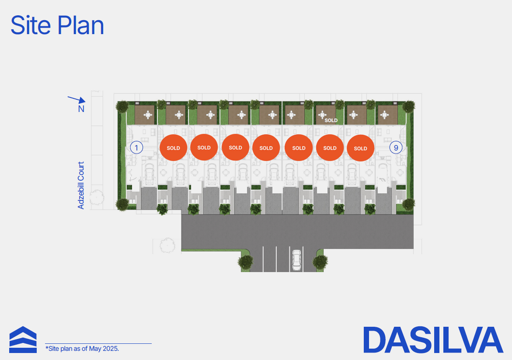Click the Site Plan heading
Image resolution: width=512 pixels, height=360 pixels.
57,25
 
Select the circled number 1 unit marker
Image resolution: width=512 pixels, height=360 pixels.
136,148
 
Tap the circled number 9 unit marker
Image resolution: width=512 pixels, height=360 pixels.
396,148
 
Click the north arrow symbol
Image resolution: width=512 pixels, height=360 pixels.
77,99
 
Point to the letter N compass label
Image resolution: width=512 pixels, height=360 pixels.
81,109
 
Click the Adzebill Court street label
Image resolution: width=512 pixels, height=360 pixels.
80,185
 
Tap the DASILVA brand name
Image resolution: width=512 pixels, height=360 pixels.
433,340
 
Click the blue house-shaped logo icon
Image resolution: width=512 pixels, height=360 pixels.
23,339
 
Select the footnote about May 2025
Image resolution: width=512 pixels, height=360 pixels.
82,349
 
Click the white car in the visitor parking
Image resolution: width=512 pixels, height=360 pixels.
296,260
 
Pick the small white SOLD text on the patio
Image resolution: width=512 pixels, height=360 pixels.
331,120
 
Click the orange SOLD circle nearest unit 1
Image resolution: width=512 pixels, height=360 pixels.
174,148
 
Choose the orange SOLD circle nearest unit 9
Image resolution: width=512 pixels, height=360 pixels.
360,148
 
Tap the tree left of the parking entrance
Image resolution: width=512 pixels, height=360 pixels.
246,262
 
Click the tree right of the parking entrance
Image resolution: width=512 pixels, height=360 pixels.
320,262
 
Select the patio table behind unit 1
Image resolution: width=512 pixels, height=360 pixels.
148,115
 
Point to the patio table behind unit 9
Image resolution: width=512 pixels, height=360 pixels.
384,115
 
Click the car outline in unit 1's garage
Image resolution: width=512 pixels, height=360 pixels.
149,174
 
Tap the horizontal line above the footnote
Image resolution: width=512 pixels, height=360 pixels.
98,343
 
